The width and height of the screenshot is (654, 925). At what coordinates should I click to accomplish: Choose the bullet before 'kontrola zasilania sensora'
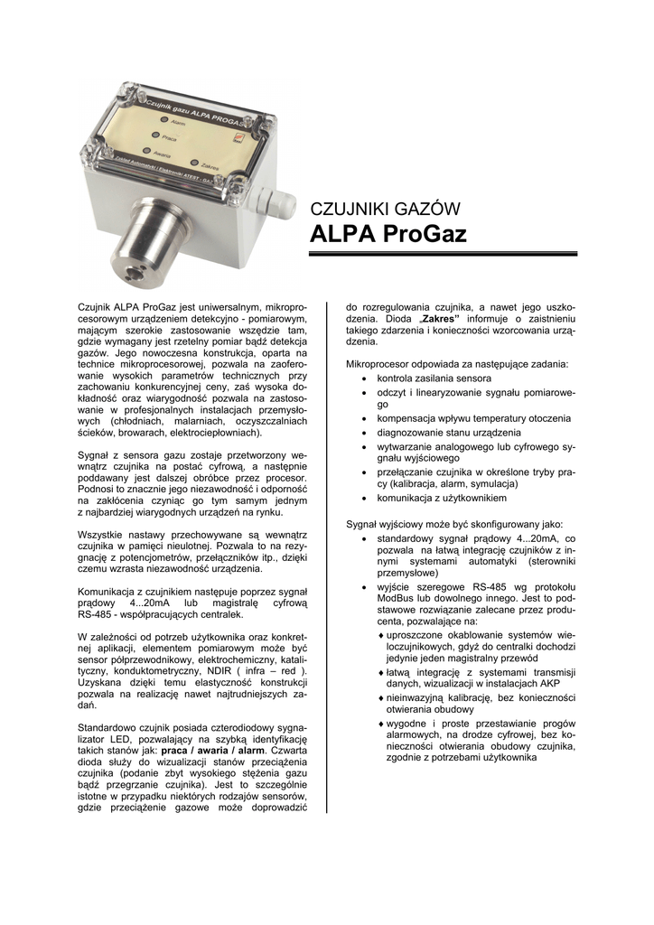(x=365, y=378)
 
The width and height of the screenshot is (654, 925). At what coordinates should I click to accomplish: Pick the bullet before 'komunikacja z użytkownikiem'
(x=365, y=498)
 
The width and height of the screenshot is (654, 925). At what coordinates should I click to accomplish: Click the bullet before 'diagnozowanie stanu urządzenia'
(x=365, y=432)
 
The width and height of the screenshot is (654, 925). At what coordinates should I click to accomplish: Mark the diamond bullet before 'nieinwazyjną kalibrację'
(x=380, y=698)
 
